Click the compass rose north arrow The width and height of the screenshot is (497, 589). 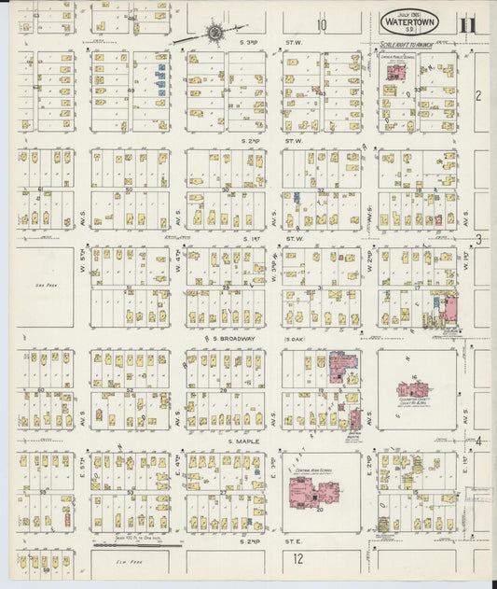[x=214, y=35]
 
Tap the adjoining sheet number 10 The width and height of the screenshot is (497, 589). [x=321, y=25]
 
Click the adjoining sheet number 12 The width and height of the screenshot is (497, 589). [x=297, y=559]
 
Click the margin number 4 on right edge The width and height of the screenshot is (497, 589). [x=479, y=441]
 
